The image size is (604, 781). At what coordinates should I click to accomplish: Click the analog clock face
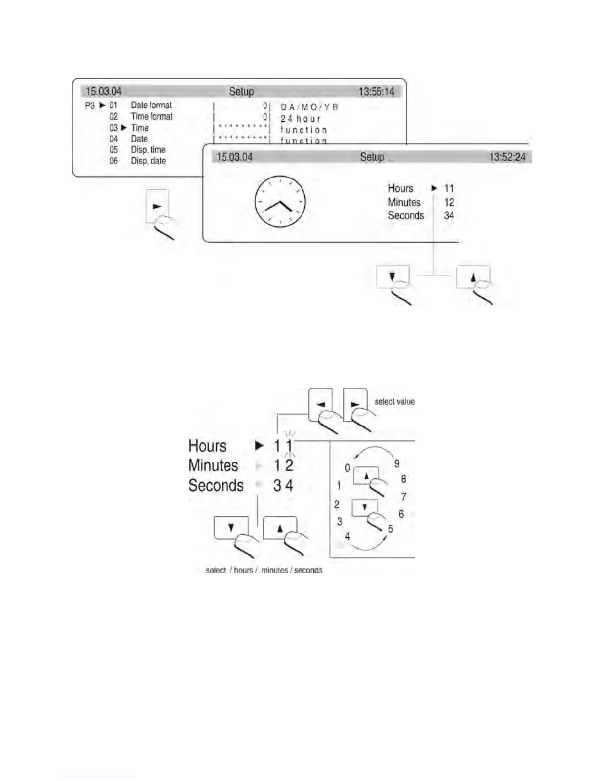pyautogui.click(x=280, y=202)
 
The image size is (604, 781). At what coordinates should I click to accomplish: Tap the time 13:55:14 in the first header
pyautogui.click(x=376, y=91)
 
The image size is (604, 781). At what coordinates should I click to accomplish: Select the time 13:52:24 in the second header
pyautogui.click(x=507, y=157)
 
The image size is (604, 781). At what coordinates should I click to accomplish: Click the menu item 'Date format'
pyautogui.click(x=151, y=105)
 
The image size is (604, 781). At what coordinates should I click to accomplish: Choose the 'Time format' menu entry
pyautogui.click(x=151, y=116)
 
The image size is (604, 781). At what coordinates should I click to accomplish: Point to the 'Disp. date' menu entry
pyautogui.click(x=148, y=161)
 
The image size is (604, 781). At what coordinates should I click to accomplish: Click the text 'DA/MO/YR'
pyautogui.click(x=309, y=107)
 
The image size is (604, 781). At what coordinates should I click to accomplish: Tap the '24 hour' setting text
pyautogui.click(x=301, y=118)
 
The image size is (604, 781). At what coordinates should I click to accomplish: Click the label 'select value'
pyautogui.click(x=394, y=401)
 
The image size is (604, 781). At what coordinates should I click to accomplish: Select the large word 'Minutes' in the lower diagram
pyautogui.click(x=213, y=465)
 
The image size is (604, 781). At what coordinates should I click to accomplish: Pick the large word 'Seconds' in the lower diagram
pyautogui.click(x=216, y=485)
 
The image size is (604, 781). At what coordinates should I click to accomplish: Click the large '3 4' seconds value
pyautogui.click(x=283, y=485)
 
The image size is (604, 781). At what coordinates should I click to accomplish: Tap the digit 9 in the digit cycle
pyautogui.click(x=396, y=463)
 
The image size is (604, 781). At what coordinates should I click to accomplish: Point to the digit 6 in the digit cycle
pyautogui.click(x=401, y=514)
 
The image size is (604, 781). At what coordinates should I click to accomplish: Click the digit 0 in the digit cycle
pyautogui.click(x=347, y=468)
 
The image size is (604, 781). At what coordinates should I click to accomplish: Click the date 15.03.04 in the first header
pyautogui.click(x=104, y=91)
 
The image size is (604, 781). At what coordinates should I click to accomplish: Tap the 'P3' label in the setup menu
pyautogui.click(x=89, y=106)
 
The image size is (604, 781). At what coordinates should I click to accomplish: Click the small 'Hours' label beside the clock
pyautogui.click(x=400, y=188)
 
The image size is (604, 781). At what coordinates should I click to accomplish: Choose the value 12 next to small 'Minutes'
pyautogui.click(x=449, y=202)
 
